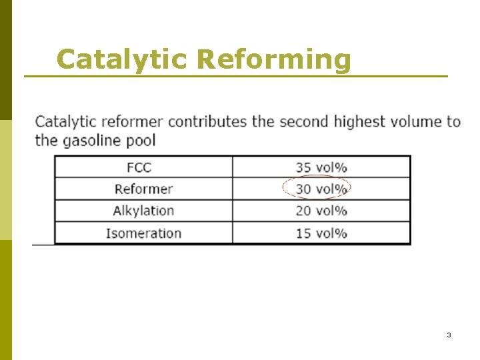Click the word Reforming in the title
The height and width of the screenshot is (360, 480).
[x=273, y=59]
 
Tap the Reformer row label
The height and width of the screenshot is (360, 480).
[x=143, y=189]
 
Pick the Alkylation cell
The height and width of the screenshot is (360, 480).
[x=143, y=211]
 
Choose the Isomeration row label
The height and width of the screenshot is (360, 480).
[x=143, y=233]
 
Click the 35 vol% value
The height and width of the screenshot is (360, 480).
[x=321, y=167]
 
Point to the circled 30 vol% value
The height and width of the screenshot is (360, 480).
[x=321, y=189]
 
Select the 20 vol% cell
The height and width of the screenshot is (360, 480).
[x=321, y=211]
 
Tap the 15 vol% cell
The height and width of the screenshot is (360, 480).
[x=321, y=233]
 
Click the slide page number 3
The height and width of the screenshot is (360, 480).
[x=449, y=335]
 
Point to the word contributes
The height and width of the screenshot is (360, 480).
[x=207, y=121]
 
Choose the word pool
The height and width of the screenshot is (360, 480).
[x=142, y=141]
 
